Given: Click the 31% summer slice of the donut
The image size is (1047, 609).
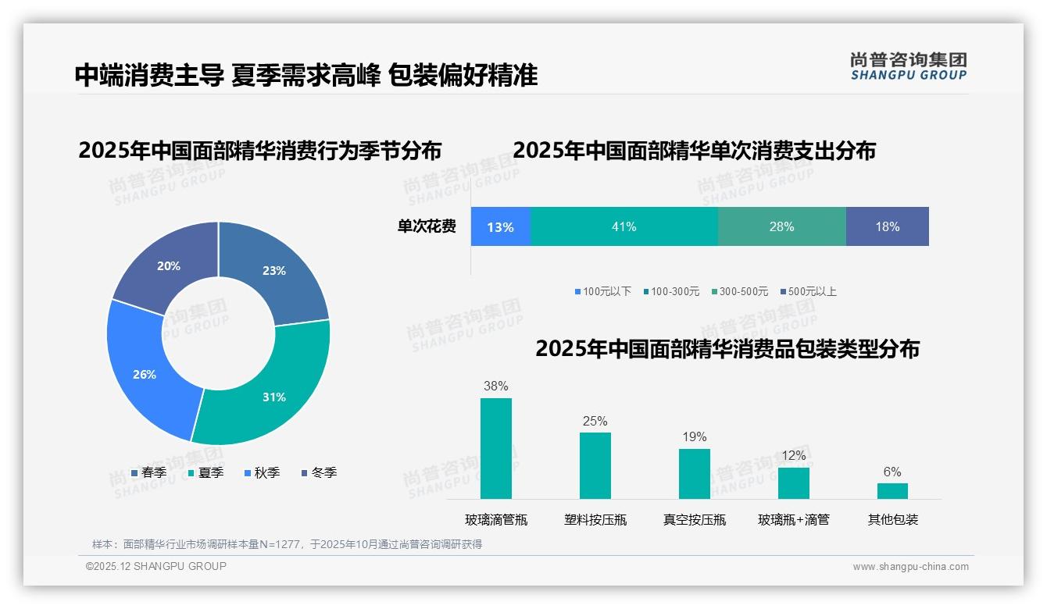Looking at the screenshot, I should (x=270, y=390).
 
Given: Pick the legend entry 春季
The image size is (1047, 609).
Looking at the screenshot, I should (x=148, y=472).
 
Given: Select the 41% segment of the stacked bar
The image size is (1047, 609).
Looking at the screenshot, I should (x=624, y=226).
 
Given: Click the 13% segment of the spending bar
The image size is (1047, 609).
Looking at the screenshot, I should (x=500, y=226).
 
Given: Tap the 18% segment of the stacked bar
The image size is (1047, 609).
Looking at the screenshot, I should (x=887, y=226).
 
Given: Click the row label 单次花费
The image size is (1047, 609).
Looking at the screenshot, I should (x=427, y=226).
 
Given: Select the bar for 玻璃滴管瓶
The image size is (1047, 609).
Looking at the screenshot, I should (x=495, y=448).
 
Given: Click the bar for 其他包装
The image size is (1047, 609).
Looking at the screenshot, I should (x=892, y=490).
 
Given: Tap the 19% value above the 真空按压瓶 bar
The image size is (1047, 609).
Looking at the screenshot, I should (x=694, y=436).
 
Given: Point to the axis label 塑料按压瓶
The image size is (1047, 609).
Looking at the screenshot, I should (x=595, y=519).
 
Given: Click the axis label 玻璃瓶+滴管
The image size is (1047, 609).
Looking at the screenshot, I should (x=793, y=519).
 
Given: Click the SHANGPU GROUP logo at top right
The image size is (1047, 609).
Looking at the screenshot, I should (x=908, y=66).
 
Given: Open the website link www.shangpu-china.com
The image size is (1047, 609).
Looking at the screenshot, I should (x=910, y=566).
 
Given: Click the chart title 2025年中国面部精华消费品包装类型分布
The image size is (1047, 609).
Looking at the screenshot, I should (x=727, y=349).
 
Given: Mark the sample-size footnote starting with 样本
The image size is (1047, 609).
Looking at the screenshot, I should (x=287, y=544).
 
